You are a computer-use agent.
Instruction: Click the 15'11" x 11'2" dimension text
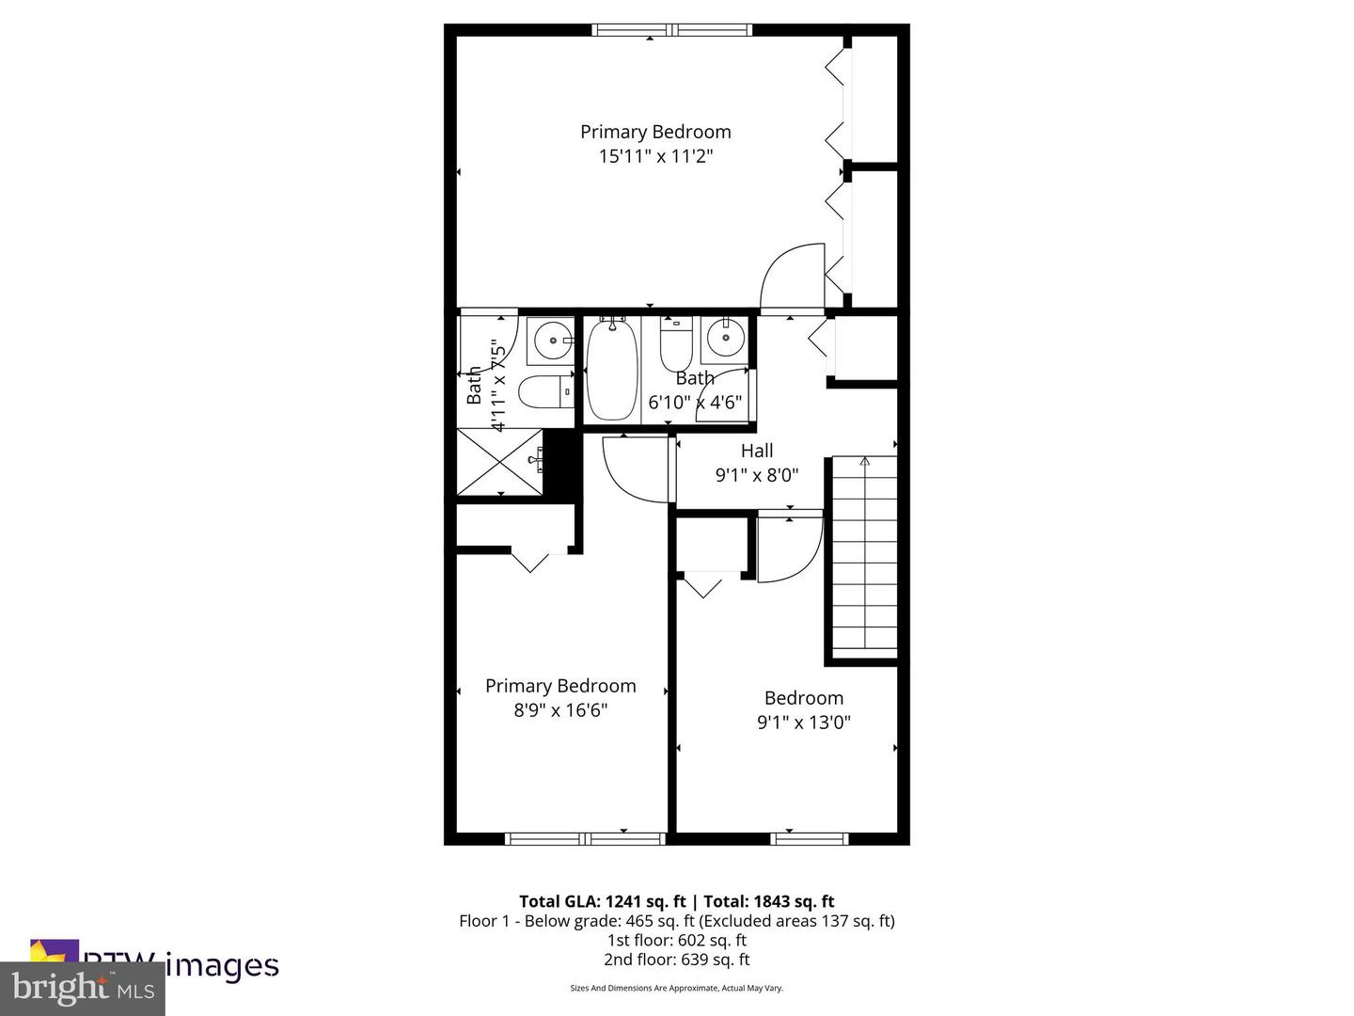(655, 156)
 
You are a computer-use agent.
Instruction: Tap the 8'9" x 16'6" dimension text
(560, 710)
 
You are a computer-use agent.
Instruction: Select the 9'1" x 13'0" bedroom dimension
(804, 722)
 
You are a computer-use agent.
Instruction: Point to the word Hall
(757, 451)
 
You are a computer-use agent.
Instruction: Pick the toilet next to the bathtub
(675, 346)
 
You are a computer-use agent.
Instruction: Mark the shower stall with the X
(499, 461)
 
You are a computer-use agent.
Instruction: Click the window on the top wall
(672, 30)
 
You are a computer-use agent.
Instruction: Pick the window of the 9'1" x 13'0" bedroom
(810, 838)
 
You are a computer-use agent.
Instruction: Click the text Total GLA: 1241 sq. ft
(602, 901)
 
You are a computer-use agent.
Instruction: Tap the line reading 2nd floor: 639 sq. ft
(676, 960)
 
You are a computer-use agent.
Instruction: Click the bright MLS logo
(83, 989)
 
